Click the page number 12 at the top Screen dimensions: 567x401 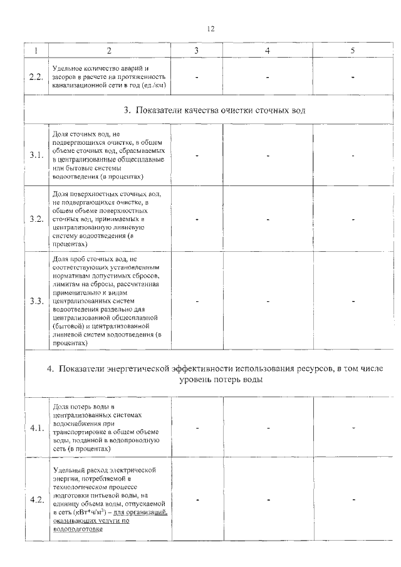point(211,28)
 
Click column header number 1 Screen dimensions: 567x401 point(36,51)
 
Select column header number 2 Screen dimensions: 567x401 point(110,51)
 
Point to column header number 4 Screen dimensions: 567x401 point(268,51)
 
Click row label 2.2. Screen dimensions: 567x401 point(36,76)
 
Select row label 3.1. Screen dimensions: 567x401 point(36,155)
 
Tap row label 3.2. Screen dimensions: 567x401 point(36,219)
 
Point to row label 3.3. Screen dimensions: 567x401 point(36,301)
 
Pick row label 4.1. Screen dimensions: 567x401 point(36,428)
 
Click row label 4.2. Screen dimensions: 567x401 point(36,499)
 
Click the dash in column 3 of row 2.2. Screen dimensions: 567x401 point(197,77)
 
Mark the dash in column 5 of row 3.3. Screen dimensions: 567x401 point(353,301)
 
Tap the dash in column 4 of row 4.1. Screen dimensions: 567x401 point(268,428)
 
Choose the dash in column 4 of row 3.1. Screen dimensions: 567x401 point(268,155)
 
